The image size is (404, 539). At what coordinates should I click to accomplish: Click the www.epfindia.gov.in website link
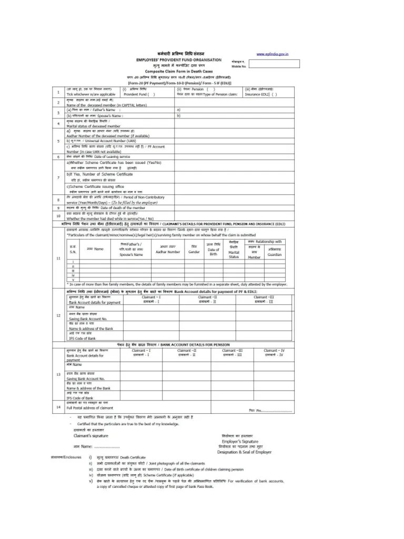(271, 54)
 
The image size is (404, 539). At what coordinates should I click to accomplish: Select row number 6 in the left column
(58, 157)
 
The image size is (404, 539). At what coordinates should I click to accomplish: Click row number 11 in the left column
(58, 258)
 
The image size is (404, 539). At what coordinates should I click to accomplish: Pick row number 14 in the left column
(58, 407)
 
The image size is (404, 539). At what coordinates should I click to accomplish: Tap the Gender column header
(194, 252)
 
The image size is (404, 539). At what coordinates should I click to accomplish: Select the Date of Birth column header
(213, 252)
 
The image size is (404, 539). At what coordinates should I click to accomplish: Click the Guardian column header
(274, 255)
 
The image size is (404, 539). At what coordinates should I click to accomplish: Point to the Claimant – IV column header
(274, 353)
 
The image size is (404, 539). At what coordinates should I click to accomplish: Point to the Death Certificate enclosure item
(126, 457)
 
